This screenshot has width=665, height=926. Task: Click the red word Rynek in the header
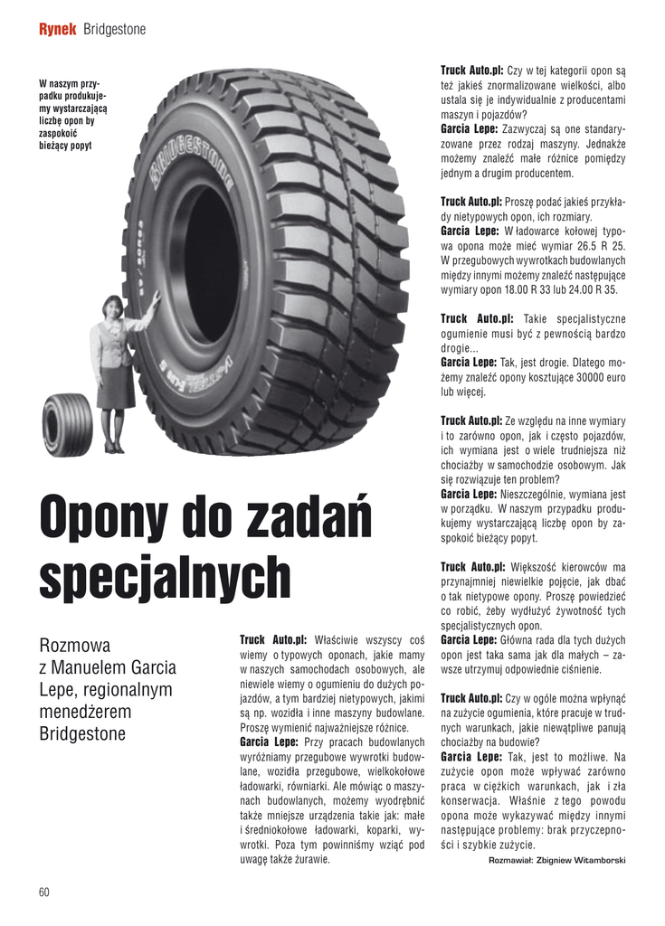click(x=56, y=30)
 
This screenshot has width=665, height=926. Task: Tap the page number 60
click(x=44, y=892)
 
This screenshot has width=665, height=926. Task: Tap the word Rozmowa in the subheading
click(x=75, y=647)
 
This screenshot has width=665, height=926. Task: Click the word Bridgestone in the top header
click(x=114, y=30)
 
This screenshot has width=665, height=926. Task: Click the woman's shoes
click(x=113, y=448)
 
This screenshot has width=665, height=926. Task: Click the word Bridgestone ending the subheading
click(x=83, y=733)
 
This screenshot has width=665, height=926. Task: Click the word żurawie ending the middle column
click(x=307, y=859)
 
